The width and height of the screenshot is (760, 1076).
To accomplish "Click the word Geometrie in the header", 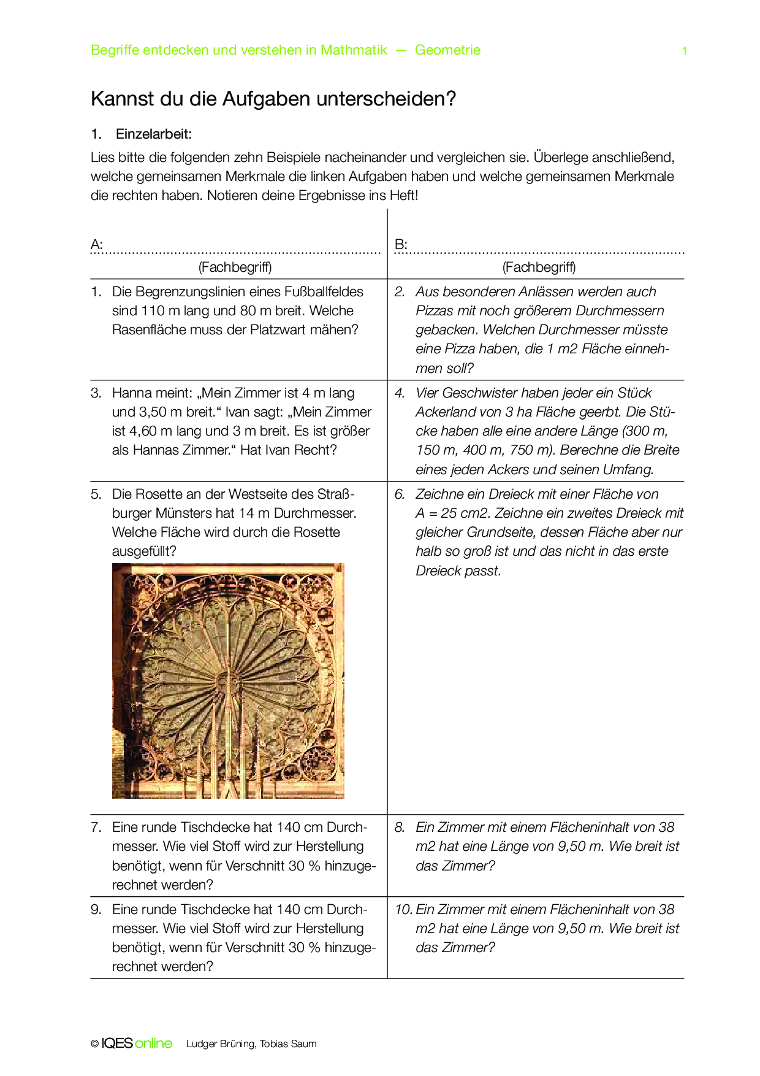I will tap(447, 50).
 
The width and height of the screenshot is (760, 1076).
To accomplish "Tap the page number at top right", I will tap(684, 51).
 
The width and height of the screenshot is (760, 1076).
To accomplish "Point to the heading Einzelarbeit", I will tap(154, 134).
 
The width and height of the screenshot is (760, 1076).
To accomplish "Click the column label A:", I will tap(96, 245).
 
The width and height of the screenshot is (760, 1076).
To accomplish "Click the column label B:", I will tap(401, 245).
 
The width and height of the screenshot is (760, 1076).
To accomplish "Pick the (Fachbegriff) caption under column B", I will tap(539, 267).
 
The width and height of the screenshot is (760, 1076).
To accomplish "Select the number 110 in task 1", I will tap(153, 311).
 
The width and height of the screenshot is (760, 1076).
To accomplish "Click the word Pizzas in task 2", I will tap(434, 311).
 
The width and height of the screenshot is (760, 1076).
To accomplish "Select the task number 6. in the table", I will tap(400, 494).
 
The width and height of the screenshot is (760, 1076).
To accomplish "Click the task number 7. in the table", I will tap(96, 828).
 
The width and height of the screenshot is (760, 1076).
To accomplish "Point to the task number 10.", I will tap(403, 910).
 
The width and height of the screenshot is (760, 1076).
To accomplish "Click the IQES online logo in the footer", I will tap(136, 1043).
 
